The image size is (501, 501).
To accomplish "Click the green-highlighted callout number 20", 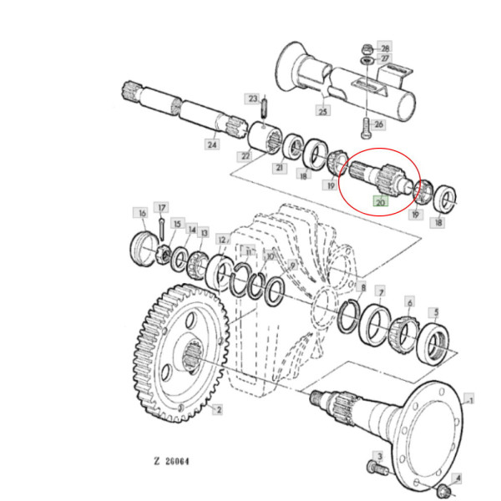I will click(x=380, y=201).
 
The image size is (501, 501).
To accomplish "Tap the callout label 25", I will click(x=322, y=110).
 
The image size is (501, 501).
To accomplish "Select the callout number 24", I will click(x=213, y=144).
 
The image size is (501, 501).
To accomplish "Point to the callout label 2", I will click(x=218, y=409).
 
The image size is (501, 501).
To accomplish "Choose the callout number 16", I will click(x=142, y=212).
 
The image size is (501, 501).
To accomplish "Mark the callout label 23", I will click(x=251, y=99).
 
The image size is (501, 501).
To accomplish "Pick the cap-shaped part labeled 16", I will click(x=145, y=248).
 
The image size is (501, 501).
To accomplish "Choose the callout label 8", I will click(x=361, y=286).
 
